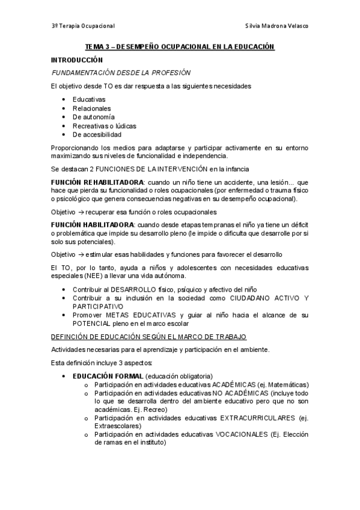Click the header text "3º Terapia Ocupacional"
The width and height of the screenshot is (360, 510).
coord(82,26)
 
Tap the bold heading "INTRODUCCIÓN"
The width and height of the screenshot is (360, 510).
coord(77,60)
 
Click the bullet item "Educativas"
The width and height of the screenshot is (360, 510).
coord(89,99)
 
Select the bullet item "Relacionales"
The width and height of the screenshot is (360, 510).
coord(92,108)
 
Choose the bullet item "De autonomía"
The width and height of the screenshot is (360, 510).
coord(94,117)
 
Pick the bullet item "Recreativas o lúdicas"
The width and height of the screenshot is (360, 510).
coord(105,126)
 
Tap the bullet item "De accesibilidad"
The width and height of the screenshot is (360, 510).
coord(97,135)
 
